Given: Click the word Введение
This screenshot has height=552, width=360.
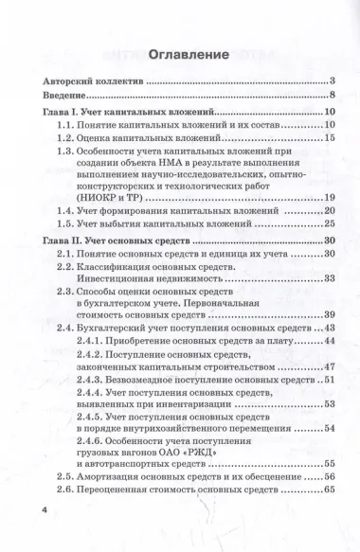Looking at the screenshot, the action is coord(69,96).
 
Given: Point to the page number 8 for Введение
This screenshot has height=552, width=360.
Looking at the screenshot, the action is coord(333,96).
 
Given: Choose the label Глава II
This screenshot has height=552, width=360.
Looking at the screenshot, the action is coord(66,242).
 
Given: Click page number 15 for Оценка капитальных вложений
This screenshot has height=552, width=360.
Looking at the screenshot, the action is coord(330,138).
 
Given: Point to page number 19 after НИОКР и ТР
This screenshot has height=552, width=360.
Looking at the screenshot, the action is coord(330,197).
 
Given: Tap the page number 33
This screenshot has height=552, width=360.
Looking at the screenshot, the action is coord(330,278).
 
